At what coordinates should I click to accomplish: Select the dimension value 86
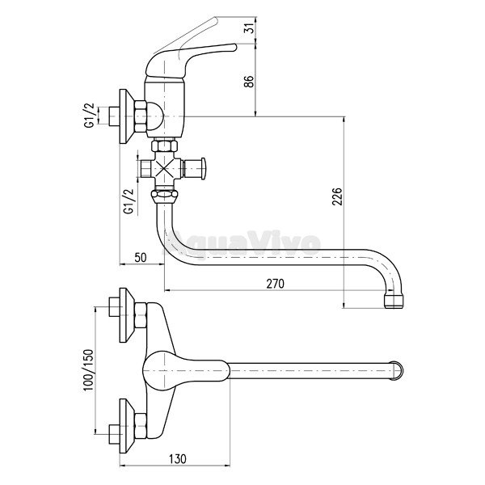tap(250, 82)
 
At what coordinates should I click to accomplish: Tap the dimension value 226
tap(337, 196)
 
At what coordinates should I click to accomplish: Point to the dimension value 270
tap(276, 284)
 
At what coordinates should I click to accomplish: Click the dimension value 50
tap(141, 257)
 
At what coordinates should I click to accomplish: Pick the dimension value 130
tap(178, 458)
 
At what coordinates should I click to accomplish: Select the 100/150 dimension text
tap(89, 370)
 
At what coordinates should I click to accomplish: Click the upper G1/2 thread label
tap(91, 115)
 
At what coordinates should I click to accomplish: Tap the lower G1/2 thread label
tap(129, 201)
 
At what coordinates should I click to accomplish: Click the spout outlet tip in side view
tap(394, 301)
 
